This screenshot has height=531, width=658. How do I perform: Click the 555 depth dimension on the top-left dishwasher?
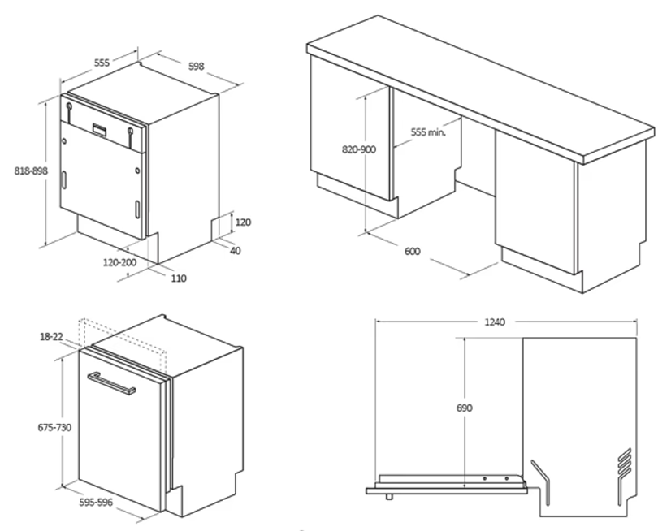click(102, 63)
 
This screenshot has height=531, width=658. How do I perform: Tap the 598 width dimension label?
click(196, 67)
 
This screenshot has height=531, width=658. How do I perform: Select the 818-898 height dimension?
click(31, 171)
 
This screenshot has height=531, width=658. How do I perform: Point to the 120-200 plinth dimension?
click(119, 262)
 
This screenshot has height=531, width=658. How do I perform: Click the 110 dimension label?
click(179, 278)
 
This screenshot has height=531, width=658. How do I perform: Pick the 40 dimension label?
click(236, 250)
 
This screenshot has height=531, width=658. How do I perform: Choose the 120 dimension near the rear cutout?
click(243, 222)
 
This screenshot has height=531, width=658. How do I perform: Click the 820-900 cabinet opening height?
click(359, 149)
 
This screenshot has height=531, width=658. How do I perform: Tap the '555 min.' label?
click(428, 132)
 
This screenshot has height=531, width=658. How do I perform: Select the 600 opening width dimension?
click(412, 251)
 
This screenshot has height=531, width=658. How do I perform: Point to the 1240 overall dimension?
click(495, 322)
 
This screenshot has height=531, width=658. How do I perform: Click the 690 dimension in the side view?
click(464, 408)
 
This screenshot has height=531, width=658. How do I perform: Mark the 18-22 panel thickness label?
click(51, 336)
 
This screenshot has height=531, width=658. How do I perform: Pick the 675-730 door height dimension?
click(54, 427)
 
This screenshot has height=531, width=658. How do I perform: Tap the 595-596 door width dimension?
click(96, 502)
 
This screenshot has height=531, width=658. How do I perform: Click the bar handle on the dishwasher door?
click(111, 383)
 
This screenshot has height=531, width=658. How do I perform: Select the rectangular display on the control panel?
click(99, 129)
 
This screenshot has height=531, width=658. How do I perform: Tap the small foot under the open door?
click(389, 497)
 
